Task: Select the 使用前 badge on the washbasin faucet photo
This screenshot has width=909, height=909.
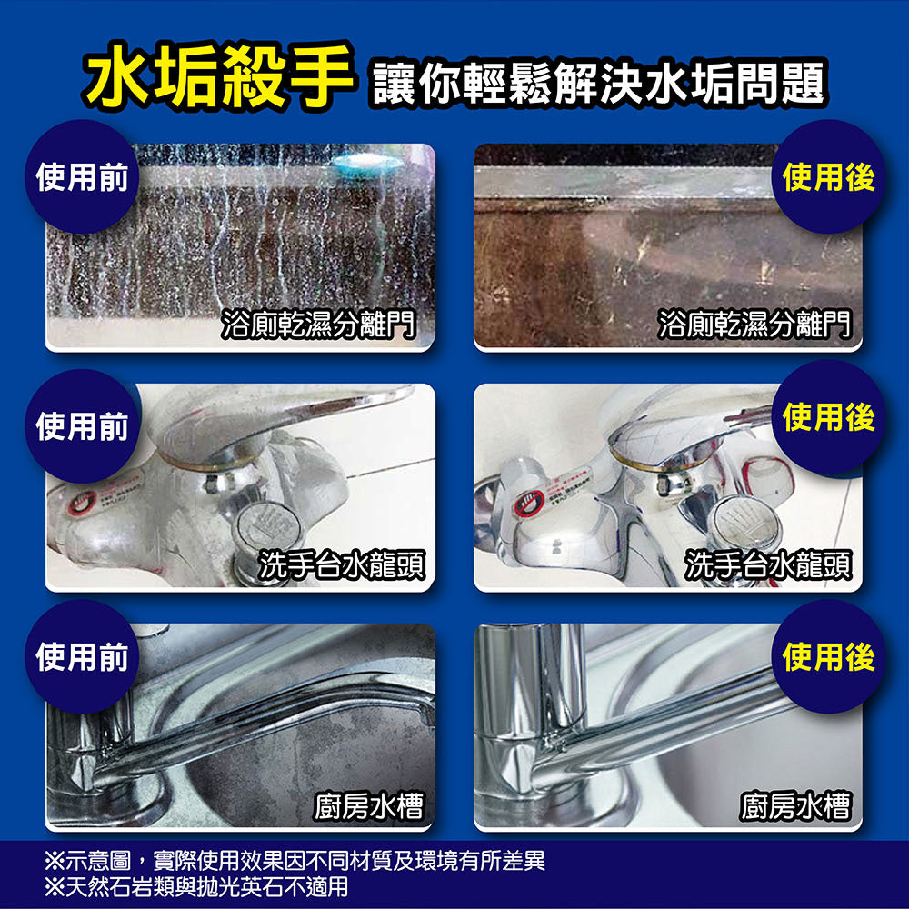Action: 82,425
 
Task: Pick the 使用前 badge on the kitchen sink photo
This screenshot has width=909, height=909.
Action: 82,657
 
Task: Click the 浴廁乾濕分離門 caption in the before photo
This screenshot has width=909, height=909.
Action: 318,323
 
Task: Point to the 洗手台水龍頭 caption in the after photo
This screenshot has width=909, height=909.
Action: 769,564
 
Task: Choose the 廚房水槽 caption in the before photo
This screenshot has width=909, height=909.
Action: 369,804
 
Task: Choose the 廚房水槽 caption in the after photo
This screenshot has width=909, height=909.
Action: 795,804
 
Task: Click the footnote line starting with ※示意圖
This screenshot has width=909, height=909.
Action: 295,861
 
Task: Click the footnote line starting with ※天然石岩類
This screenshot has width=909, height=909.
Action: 196,886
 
